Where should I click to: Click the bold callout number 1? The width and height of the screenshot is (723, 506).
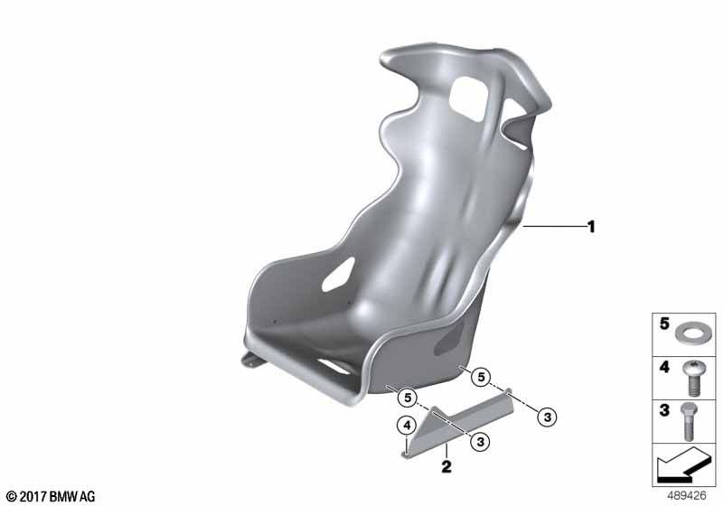click(591, 227)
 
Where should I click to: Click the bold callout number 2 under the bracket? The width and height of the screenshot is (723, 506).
click(446, 466)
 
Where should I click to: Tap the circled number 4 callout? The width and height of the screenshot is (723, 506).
click(407, 426)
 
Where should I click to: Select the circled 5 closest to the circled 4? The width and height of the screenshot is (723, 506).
click(408, 398)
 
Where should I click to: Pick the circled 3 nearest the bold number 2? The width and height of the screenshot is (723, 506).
click(481, 442)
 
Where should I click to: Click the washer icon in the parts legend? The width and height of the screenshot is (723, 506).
click(690, 333)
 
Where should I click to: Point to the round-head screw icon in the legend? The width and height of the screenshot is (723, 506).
click(691, 379)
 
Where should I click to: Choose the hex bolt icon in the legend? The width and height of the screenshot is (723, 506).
click(689, 421)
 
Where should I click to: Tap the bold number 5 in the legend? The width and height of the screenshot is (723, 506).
click(664, 323)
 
